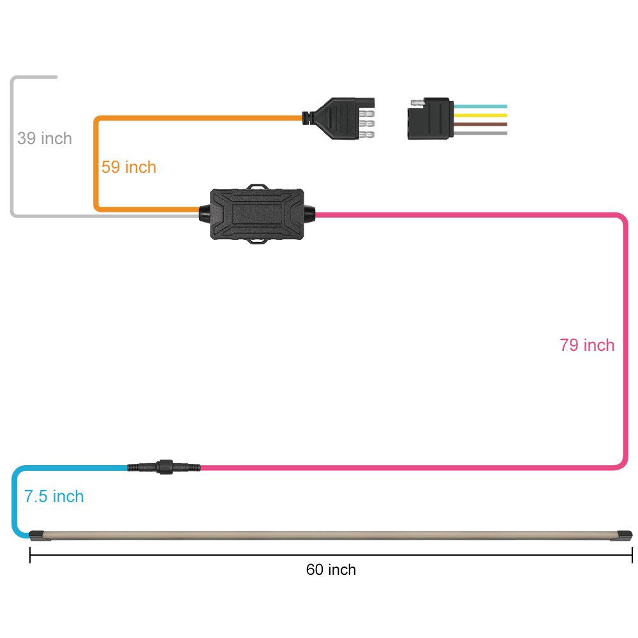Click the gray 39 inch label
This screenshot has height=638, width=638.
(45, 138)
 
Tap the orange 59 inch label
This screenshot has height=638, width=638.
(128, 167)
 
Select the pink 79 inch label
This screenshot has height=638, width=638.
(587, 345)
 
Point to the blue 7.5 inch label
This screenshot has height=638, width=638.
(54, 496)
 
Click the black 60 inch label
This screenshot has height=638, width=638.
(330, 570)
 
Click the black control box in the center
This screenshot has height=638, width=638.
(258, 214)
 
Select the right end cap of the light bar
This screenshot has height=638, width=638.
(623, 535)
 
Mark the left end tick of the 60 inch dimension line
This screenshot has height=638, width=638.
(30, 556)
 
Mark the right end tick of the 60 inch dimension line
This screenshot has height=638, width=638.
(632, 556)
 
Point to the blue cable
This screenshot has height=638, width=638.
(15, 504)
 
